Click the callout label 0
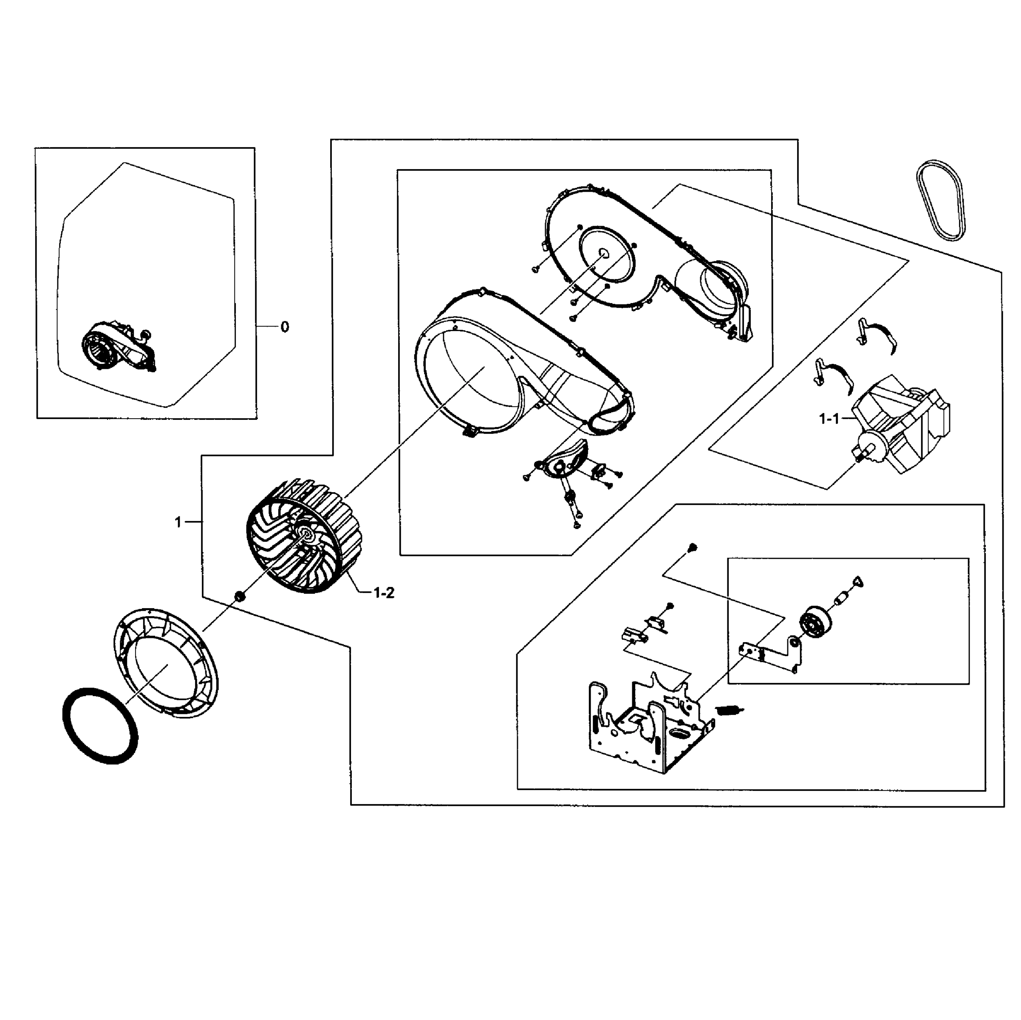point(285,327)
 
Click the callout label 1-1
point(829,419)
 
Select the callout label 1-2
point(384,593)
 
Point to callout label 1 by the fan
point(178,522)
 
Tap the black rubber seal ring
point(100,725)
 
